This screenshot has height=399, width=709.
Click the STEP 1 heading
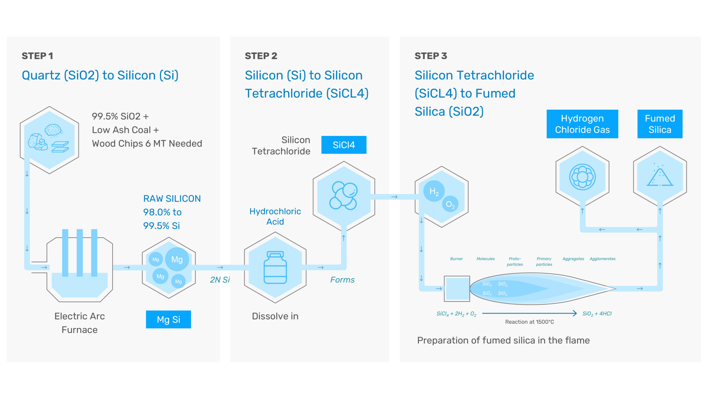37,56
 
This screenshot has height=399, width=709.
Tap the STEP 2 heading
261,56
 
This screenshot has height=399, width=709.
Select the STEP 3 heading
431,56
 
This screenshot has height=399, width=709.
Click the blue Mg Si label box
168,319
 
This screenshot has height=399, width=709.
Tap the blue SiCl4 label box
344,145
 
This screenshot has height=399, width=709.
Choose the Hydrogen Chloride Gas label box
582,124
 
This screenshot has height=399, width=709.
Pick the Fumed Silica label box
660,124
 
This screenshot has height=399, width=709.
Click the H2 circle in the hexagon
434,191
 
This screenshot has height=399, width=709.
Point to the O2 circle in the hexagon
450,204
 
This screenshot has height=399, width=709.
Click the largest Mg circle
177,259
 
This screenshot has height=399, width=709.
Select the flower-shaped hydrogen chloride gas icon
582,177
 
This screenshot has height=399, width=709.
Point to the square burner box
457,288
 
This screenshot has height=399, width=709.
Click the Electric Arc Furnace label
79,323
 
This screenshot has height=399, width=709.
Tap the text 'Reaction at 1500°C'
529,322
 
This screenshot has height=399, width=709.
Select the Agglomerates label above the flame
602,259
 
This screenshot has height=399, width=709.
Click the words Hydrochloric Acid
275,216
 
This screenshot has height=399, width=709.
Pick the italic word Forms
342,280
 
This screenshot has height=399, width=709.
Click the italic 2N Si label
220,280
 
